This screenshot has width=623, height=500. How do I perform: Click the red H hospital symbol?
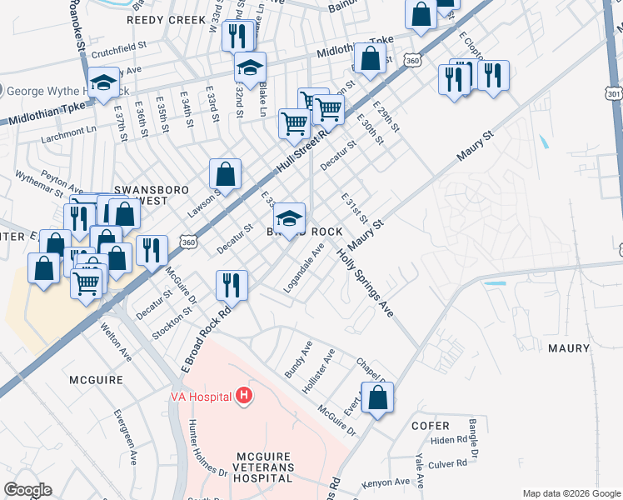tap(244, 395)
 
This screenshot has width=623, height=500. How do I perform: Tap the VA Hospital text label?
tap(201, 396)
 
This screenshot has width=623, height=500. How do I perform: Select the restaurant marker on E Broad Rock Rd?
tap(231, 286)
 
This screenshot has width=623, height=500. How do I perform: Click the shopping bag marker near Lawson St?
tap(225, 173)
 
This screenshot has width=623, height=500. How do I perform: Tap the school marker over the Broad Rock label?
tap(289, 218)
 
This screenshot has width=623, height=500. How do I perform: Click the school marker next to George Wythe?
tap(103, 82)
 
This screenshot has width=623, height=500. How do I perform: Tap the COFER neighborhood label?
tap(431, 425)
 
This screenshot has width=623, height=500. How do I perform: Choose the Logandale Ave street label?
tap(306, 266)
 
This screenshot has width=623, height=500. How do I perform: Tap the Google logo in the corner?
tap(28, 490)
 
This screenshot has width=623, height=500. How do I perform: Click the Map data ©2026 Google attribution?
tap(571, 493)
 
